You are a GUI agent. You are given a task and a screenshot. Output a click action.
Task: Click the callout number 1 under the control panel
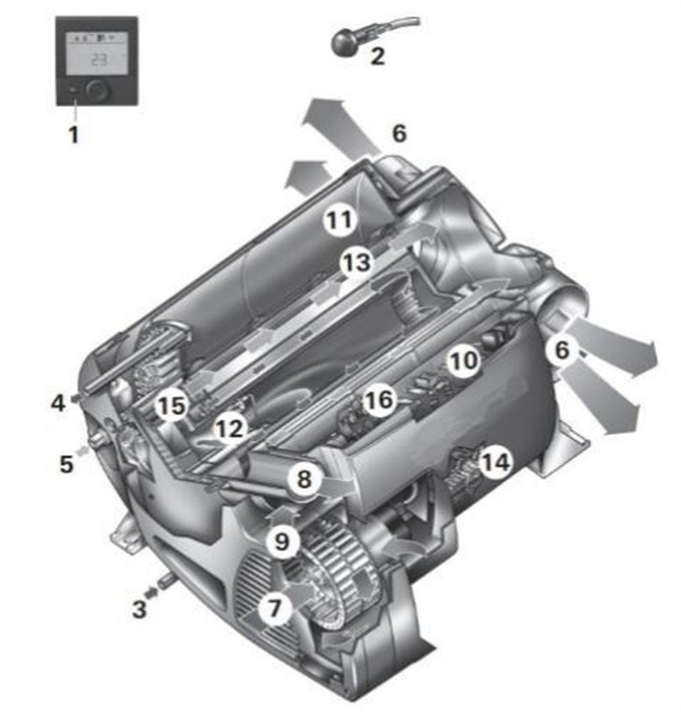pos(73,134)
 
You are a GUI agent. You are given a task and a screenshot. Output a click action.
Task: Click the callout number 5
pos(66,464)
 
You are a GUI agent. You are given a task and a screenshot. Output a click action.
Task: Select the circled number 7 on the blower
pos(274,608)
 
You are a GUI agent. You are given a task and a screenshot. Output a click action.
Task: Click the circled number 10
pos(465,361)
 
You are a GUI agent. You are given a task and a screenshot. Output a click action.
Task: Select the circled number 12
pos(228,429)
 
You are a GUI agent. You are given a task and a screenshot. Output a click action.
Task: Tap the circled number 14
pos(494,463)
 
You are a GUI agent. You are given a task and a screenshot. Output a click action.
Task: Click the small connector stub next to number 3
pos(162,585)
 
